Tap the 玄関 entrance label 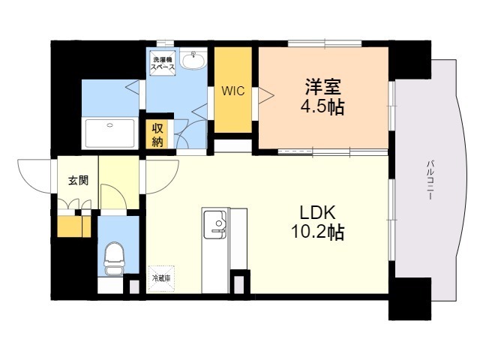pos(77,180)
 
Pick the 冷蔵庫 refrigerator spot pos(162,277)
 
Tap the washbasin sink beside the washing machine pos(194,60)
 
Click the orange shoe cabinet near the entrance pos(71,226)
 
